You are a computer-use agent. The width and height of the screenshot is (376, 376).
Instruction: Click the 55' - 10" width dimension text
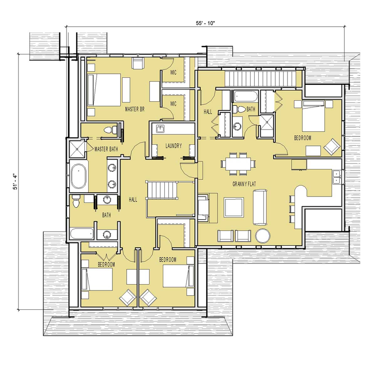pyautogui.click(x=205, y=23)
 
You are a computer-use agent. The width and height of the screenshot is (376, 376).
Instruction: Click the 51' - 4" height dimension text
pyautogui.click(x=15, y=182)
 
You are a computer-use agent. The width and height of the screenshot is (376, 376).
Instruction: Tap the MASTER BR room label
pyautogui.click(x=135, y=109)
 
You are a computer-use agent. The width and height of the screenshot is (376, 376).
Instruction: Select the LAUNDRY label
pyautogui.click(x=174, y=146)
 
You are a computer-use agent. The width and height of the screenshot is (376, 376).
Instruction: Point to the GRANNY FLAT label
pyautogui.click(x=244, y=184)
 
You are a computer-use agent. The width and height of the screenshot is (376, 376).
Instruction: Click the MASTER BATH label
pyautogui.click(x=106, y=149)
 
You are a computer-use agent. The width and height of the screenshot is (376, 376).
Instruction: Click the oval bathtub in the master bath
pyautogui.click(x=78, y=176)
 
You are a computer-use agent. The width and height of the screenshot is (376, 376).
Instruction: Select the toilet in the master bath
pyautogui.click(x=110, y=130)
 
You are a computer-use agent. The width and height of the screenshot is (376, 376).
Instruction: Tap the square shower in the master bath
pyautogui.click(x=77, y=149)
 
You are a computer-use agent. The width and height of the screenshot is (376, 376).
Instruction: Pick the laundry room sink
pyautogui.click(x=160, y=129)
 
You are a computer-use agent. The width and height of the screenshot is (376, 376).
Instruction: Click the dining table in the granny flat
pyautogui.click(x=238, y=164)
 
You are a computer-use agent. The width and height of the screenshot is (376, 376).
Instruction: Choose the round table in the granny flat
pyautogui.click(x=263, y=236)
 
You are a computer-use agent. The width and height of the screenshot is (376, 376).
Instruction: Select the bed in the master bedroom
pyautogui.click(x=104, y=90)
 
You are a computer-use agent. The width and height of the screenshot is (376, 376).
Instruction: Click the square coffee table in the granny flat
pyautogui.click(x=234, y=207)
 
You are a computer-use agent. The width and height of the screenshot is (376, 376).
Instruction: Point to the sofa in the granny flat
pyautogui.click(x=260, y=207)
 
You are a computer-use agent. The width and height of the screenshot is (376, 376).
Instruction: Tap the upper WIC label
pyautogui.click(x=173, y=73)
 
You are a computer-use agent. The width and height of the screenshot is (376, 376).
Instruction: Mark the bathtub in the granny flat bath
pyautogui.click(x=246, y=97)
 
